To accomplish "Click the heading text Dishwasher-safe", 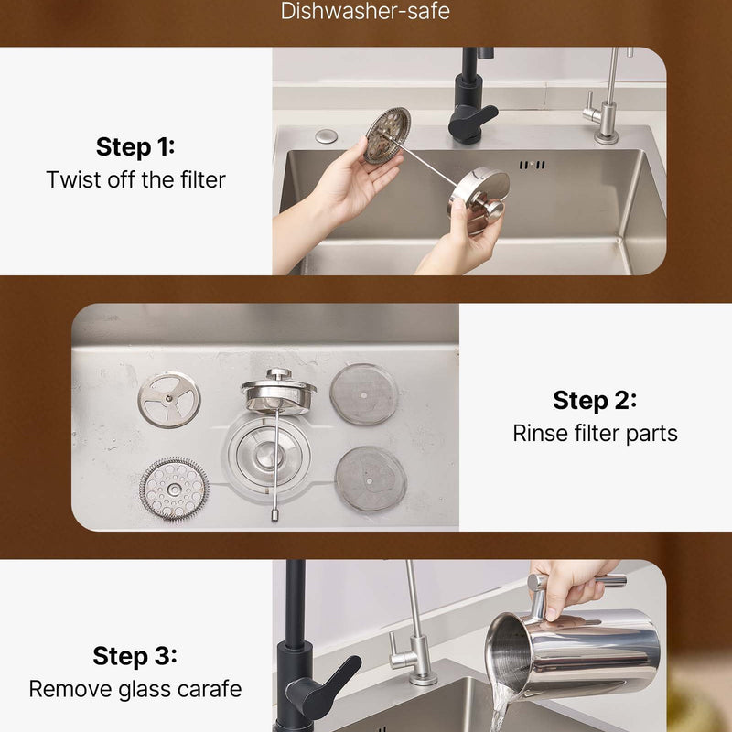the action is [365, 11].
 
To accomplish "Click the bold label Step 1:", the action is [135, 146].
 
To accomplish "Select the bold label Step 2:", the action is [595, 400].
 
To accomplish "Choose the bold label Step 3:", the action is [135, 655].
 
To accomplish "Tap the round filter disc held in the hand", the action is [387, 135].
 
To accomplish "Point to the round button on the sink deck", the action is [326, 136].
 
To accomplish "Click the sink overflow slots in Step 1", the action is [533, 165].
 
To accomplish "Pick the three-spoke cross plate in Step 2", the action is [169, 400].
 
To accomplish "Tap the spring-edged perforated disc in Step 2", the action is [174, 489].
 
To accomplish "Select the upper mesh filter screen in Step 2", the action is [364, 394].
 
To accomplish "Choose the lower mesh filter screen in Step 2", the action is [371, 479].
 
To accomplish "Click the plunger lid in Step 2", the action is [278, 393].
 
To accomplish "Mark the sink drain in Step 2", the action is [267, 454].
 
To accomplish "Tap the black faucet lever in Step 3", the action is [327, 683].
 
